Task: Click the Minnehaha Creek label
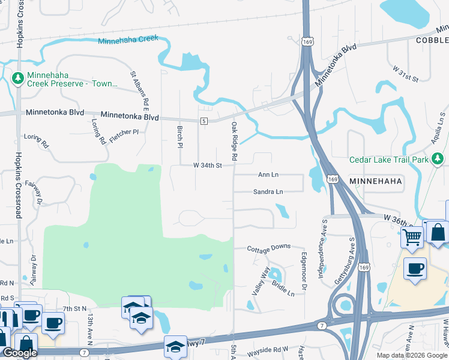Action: click(x=128, y=39)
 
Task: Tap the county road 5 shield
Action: click(x=204, y=121)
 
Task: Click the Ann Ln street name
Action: click(x=268, y=175)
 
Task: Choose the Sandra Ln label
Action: click(x=268, y=192)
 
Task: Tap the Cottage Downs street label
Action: click(x=270, y=247)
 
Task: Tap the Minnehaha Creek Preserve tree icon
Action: click(x=18, y=79)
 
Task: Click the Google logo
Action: click(x=19, y=353)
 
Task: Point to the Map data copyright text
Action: click(x=412, y=355)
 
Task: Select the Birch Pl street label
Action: click(x=179, y=136)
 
